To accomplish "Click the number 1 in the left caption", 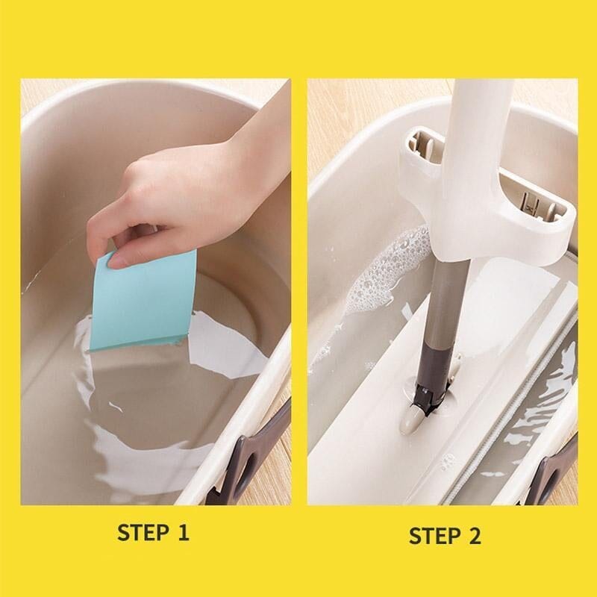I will pos(184,532).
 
